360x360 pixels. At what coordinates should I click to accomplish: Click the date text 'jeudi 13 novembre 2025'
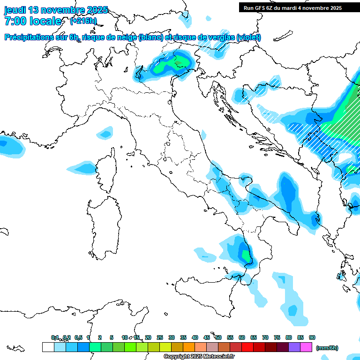[56, 10]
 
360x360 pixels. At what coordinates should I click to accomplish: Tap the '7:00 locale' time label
[33, 21]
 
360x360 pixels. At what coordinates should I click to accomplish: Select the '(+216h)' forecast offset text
[83, 21]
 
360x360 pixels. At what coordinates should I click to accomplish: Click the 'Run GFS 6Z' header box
[292, 8]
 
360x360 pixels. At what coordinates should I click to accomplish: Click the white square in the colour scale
[48, 347]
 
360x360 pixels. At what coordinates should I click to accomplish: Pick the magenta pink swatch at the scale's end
[306, 347]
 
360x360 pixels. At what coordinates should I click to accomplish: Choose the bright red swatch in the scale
[247, 347]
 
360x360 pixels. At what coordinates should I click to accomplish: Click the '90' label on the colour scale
[312, 337]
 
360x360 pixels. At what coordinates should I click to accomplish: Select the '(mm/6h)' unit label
[327, 348]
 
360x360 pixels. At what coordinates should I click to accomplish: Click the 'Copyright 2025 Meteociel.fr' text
[199, 357]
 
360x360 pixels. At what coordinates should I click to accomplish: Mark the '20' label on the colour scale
[148, 337]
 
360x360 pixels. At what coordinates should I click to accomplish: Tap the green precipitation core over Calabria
[246, 256]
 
